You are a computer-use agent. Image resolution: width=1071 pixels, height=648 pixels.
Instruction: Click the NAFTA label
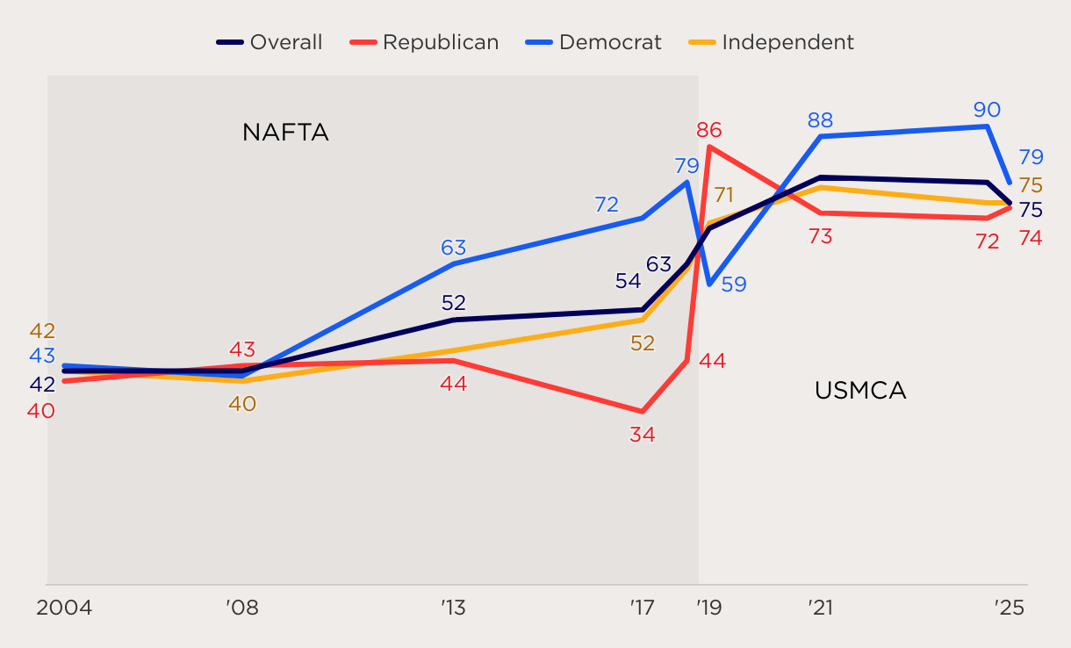(x=285, y=133)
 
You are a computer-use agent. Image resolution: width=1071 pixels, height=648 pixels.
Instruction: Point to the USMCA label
(x=859, y=391)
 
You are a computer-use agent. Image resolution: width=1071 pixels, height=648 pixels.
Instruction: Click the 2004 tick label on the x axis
(x=64, y=608)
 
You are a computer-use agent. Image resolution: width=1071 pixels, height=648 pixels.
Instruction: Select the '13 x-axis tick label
(x=454, y=608)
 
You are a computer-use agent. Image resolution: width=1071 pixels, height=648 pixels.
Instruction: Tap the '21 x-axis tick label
(x=820, y=608)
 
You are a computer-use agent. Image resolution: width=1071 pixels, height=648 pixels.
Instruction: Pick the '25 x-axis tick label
(x=1010, y=608)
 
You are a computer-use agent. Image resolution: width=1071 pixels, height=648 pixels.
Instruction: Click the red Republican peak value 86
(x=709, y=131)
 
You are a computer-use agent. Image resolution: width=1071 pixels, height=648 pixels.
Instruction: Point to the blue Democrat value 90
(x=987, y=110)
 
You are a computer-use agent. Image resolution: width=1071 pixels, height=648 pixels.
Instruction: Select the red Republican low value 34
(x=643, y=435)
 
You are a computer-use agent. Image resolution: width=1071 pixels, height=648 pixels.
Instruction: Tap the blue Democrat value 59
(x=733, y=284)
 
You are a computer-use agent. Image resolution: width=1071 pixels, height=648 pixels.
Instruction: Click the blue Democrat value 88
(x=820, y=120)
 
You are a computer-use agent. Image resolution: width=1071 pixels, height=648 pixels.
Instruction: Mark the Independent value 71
(x=723, y=195)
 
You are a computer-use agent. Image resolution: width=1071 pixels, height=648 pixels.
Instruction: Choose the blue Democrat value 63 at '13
(x=454, y=248)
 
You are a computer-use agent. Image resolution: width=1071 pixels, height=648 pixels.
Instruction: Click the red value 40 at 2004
(x=41, y=410)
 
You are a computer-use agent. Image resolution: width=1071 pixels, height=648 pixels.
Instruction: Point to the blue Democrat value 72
(x=607, y=205)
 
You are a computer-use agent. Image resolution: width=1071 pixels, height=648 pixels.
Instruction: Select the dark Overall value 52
(x=454, y=303)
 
